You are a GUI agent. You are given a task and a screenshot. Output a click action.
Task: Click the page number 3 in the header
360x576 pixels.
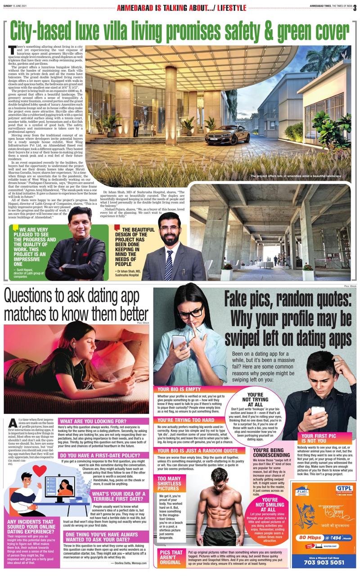coord(355,7)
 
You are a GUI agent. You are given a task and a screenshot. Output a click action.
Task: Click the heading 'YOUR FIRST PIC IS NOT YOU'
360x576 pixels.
coord(320,439)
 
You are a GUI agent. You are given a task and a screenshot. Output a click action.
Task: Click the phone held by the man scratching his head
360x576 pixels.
coord(318,411)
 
